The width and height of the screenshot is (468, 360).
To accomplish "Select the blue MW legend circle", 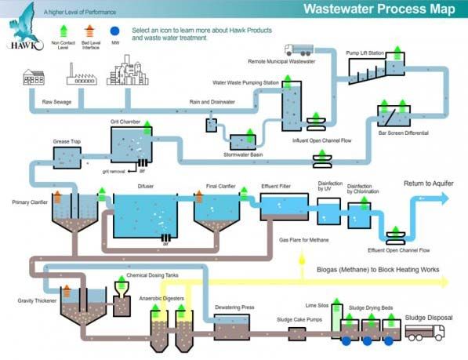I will tap(115, 31).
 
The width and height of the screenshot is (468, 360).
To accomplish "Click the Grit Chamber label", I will tap(126, 122).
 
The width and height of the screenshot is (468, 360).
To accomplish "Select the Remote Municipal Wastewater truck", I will tap(299, 51).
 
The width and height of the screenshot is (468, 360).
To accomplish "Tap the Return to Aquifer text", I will tap(428, 184).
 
